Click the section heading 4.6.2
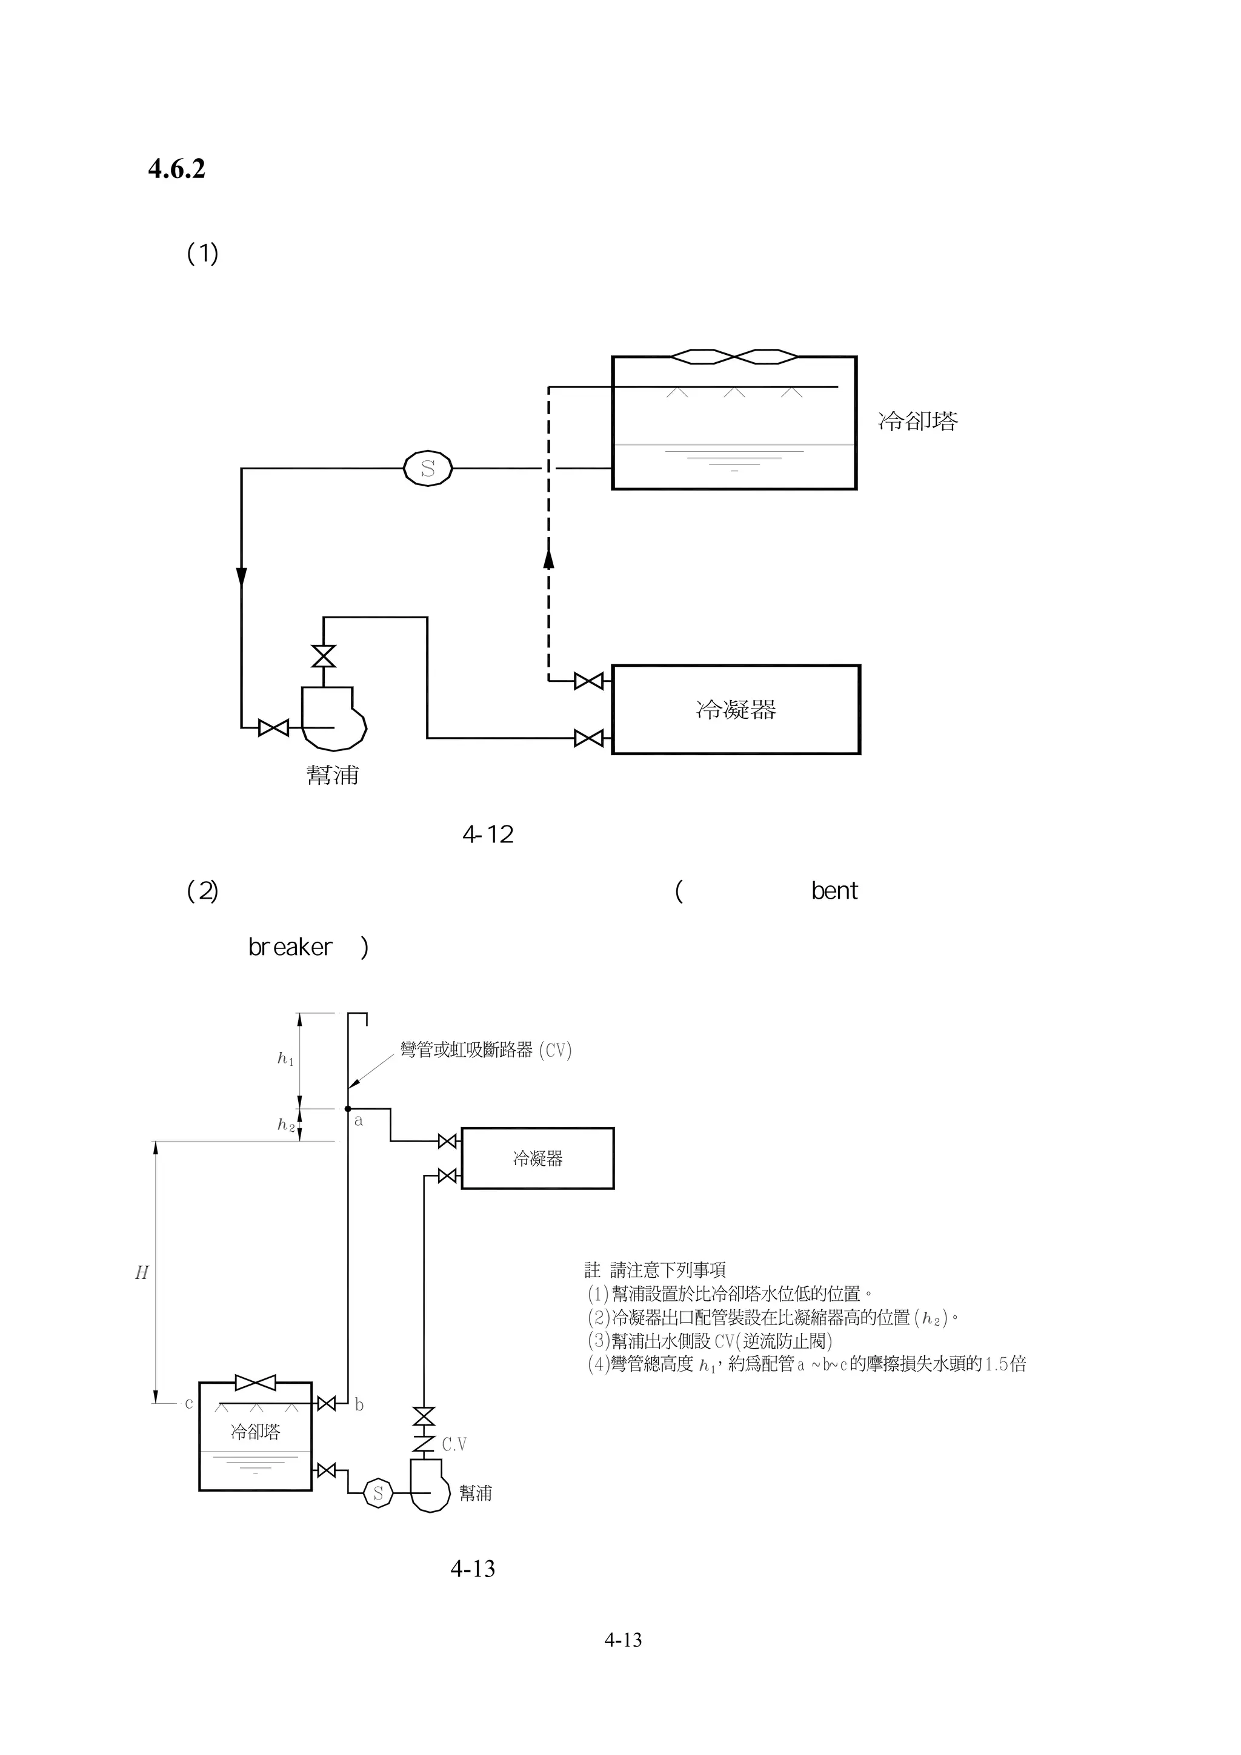click(x=176, y=169)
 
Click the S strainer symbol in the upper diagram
click(x=427, y=469)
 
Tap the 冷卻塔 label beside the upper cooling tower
click(x=917, y=421)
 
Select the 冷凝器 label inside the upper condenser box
click(x=736, y=710)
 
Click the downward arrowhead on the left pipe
click(x=242, y=577)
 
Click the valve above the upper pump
click(x=324, y=656)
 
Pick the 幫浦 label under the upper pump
click(x=333, y=775)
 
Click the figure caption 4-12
click(x=488, y=835)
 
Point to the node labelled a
click(x=348, y=1109)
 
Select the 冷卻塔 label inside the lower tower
click(x=255, y=1432)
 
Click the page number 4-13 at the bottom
click(x=622, y=1639)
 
